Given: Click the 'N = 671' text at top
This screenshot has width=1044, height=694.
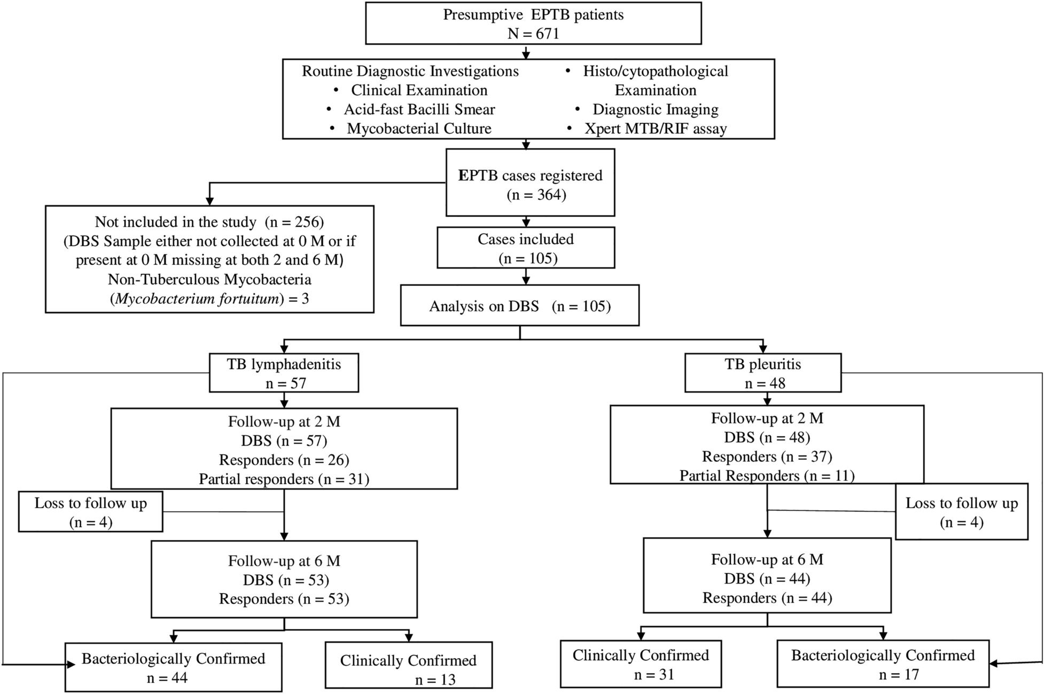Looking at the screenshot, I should coord(533,34).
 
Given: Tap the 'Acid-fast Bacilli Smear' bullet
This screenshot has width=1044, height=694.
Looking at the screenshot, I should coord(419,109).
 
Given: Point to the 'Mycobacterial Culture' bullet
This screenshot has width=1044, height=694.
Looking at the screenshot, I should coord(419,129).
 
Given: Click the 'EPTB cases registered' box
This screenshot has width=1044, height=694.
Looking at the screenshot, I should coord(530,182).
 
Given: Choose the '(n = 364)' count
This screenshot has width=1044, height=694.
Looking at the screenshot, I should coord(536,194).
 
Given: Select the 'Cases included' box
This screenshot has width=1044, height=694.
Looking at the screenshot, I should coord(526,248).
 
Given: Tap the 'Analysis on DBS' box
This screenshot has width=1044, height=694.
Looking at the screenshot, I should coord(519,306).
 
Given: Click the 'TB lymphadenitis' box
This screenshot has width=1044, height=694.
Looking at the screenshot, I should coord(284,373).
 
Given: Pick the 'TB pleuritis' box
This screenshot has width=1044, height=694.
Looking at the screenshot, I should coord(762,373).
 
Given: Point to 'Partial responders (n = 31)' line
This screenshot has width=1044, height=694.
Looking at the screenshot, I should coord(284,479).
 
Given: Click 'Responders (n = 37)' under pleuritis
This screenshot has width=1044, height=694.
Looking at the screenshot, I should coord(767,456).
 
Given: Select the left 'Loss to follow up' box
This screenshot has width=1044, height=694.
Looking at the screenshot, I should coord(90,512).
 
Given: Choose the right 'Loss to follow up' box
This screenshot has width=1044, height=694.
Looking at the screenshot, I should coord(961,512).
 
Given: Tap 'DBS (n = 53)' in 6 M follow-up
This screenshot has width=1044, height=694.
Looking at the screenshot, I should coord(285,580).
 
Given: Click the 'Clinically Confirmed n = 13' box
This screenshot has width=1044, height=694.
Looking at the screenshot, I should coord(408,665).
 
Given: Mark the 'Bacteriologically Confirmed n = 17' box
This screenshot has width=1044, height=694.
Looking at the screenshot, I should coord(883,664).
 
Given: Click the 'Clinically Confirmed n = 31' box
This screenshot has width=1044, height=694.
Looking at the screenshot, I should coord(640,664).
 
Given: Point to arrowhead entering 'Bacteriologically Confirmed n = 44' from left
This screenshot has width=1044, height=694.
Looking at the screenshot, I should coord(71,665).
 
